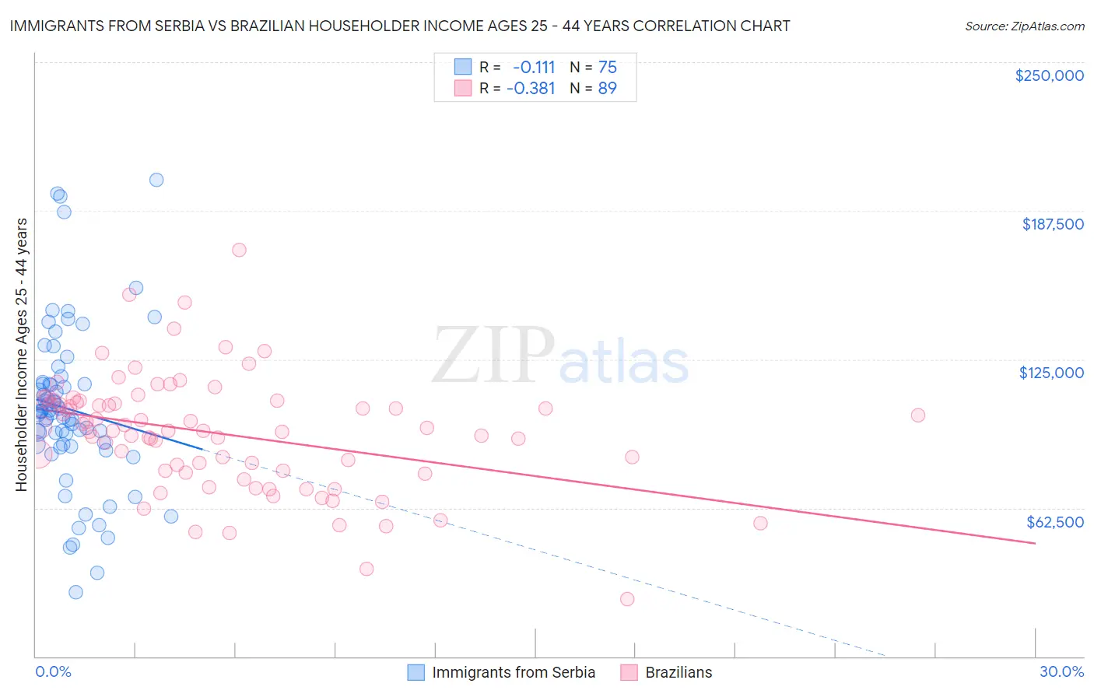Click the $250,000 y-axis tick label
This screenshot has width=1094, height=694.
click(x=1049, y=75)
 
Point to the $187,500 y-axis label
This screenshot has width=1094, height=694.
click(x=1052, y=224)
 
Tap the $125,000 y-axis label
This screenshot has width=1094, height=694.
click(x=1051, y=373)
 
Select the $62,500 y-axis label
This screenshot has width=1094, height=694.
click(x=1055, y=522)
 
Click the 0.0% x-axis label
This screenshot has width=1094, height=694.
click(x=53, y=671)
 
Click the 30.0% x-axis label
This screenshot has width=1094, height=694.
click(x=1061, y=671)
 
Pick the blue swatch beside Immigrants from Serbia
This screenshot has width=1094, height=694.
click(x=416, y=672)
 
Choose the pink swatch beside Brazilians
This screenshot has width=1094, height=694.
click(x=629, y=672)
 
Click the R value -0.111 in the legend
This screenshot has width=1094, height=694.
click(x=534, y=67)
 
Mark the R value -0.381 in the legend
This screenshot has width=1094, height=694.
click(x=531, y=88)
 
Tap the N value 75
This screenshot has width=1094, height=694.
click(x=607, y=67)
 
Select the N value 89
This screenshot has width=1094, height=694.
click(x=607, y=88)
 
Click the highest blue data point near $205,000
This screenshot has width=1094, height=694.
click(x=156, y=180)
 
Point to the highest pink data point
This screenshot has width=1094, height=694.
click(x=239, y=250)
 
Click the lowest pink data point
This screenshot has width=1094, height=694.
click(x=627, y=599)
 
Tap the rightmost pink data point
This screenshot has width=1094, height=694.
click(x=918, y=415)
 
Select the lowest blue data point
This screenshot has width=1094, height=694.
click(x=75, y=592)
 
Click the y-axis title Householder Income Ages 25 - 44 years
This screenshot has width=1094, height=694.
click(x=21, y=355)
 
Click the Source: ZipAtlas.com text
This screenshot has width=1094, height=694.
click(x=1024, y=26)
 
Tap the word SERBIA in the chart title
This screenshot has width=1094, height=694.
click(x=151, y=26)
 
